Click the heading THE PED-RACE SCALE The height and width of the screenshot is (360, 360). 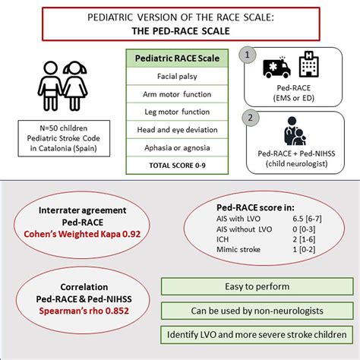(x=179, y=33)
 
